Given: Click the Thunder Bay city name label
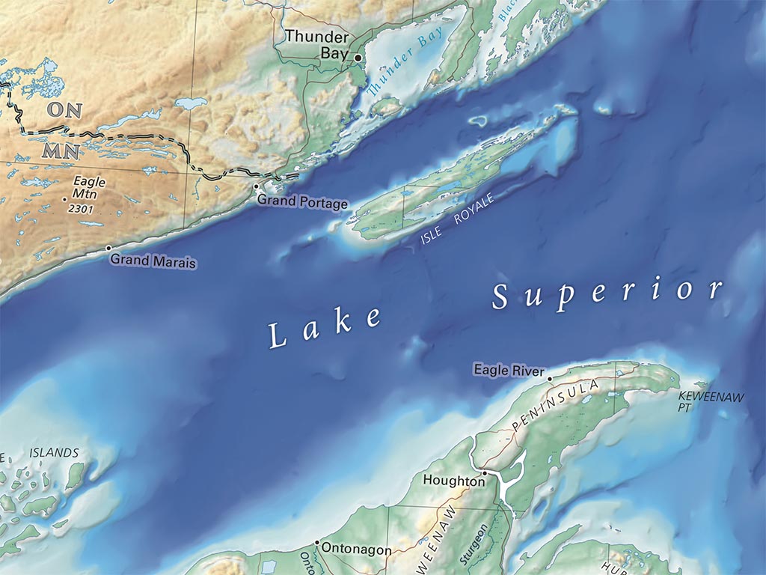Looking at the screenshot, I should click(x=316, y=44).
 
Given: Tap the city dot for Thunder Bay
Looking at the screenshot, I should click(x=358, y=58).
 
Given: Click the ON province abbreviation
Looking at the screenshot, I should click(x=64, y=109).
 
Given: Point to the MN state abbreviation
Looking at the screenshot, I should click(x=62, y=150).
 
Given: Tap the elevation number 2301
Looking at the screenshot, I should click(x=80, y=209).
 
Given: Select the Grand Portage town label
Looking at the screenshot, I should click(x=302, y=203).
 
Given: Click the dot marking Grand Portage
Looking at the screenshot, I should click(x=256, y=186).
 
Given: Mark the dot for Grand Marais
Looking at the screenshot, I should click(x=108, y=248).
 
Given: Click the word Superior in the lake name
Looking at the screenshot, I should click(x=607, y=293).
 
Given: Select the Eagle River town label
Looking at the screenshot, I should click(x=508, y=369).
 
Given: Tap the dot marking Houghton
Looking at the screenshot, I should click(x=485, y=473).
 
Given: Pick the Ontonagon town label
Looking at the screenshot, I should click(x=355, y=550).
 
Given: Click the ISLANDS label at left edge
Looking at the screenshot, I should click(x=54, y=453).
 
